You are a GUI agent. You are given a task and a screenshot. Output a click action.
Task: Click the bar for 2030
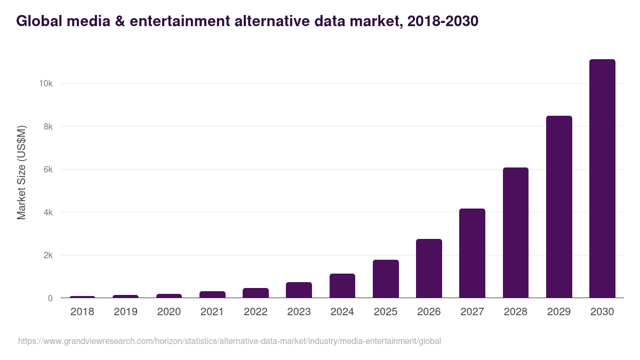(602, 179)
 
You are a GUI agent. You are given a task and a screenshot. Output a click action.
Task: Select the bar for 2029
(559, 207)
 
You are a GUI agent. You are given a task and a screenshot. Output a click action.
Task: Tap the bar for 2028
(515, 233)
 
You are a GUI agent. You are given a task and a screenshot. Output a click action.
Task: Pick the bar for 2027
(472, 253)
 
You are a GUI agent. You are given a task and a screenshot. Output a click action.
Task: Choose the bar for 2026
(429, 268)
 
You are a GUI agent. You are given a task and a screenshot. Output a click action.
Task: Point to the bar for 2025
(386, 279)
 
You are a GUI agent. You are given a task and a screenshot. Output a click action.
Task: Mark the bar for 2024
(342, 286)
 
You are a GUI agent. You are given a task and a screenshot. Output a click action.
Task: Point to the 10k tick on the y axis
(45, 84)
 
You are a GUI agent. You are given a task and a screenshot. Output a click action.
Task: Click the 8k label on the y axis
(47, 126)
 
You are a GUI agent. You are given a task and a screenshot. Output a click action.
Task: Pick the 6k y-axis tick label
(47, 170)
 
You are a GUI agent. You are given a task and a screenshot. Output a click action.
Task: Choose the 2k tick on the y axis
(47, 255)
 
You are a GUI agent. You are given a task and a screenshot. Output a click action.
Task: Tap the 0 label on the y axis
(50, 298)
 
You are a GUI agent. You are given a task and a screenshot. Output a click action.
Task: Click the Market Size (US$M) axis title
(21, 172)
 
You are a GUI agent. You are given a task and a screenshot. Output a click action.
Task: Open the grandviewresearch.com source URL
(229, 341)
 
